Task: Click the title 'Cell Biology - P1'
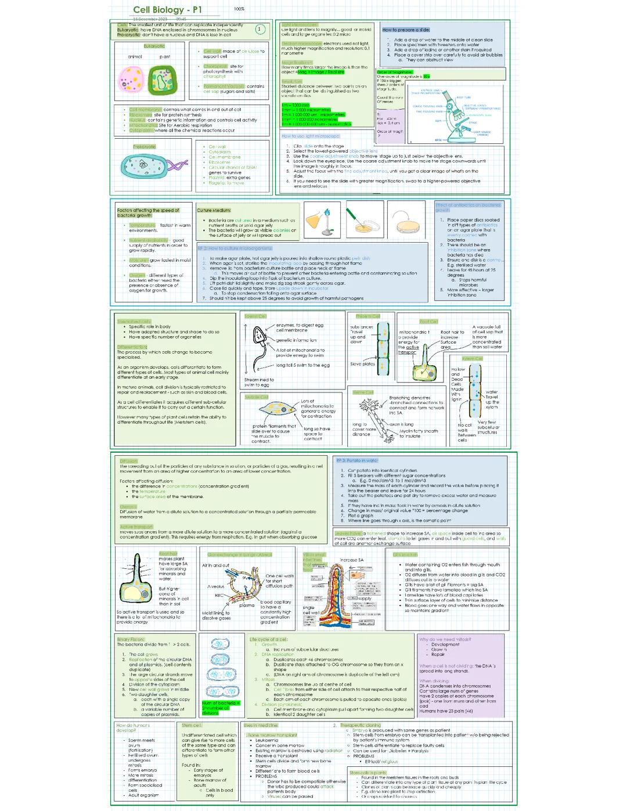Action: coord(167,10)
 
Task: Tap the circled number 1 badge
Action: coord(260,29)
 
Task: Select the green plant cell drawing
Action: coord(162,80)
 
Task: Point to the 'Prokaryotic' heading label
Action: coord(145,147)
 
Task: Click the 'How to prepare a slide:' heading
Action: coord(406,30)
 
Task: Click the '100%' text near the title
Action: coord(239,9)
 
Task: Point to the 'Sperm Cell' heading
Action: coord(255,316)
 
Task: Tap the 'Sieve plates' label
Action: coord(363,364)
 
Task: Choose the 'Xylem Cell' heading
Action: coord(472,359)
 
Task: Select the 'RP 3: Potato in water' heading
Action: coord(356,460)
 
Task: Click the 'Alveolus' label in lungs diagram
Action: coord(216,586)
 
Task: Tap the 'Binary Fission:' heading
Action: coord(131,639)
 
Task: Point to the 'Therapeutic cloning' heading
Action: coord(361,725)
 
